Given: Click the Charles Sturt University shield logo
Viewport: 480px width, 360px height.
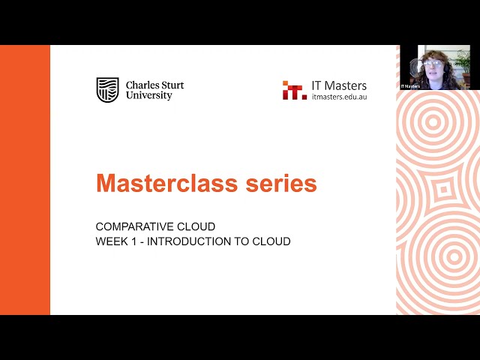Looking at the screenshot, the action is (107, 90).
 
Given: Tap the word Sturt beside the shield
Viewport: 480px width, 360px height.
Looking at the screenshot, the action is (172, 85).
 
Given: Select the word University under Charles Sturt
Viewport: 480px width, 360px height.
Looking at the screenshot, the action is (149, 95).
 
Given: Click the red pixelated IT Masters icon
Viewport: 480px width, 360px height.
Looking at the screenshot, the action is (295, 90).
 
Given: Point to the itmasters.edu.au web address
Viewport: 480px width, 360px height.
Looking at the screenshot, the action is (339, 97).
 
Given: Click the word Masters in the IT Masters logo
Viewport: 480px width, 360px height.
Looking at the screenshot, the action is (345, 85).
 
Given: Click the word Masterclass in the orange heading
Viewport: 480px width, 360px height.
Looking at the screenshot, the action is (167, 183).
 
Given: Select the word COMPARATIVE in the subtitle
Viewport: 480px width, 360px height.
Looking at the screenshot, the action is (130, 226).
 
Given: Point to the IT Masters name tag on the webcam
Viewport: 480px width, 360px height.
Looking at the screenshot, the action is (410, 86).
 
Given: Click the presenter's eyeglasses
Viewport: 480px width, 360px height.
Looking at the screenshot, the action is (432, 64).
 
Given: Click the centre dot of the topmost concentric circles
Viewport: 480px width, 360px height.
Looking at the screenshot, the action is (433, 122).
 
